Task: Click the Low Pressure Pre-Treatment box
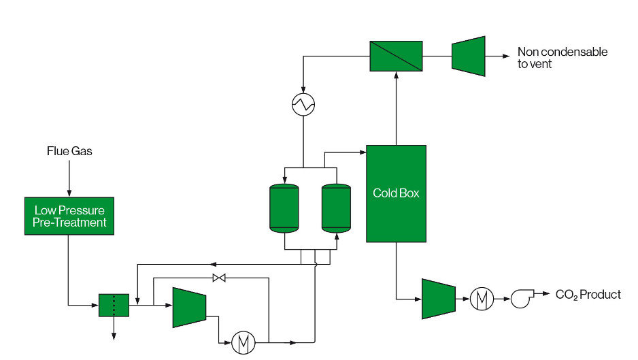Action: point(69,216)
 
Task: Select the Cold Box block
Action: point(397,193)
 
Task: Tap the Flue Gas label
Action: point(69,151)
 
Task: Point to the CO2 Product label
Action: point(588,295)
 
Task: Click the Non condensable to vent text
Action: point(563,58)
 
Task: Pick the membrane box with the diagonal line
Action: point(396,56)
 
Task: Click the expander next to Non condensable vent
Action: point(469,56)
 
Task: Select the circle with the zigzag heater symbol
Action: point(303,105)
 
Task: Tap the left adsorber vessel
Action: point(284,208)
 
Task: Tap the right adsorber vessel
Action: point(336,208)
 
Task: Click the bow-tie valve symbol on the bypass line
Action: point(219,278)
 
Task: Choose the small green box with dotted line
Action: point(114,305)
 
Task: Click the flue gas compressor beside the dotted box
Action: point(189,308)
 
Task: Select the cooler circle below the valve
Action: point(244,343)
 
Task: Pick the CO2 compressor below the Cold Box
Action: point(439,299)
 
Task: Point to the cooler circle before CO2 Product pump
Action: point(482,299)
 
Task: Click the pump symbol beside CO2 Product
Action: point(522,298)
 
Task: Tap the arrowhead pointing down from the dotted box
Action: point(114,336)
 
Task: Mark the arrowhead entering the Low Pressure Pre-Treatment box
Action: point(69,193)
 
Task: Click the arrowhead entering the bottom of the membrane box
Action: point(397,76)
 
